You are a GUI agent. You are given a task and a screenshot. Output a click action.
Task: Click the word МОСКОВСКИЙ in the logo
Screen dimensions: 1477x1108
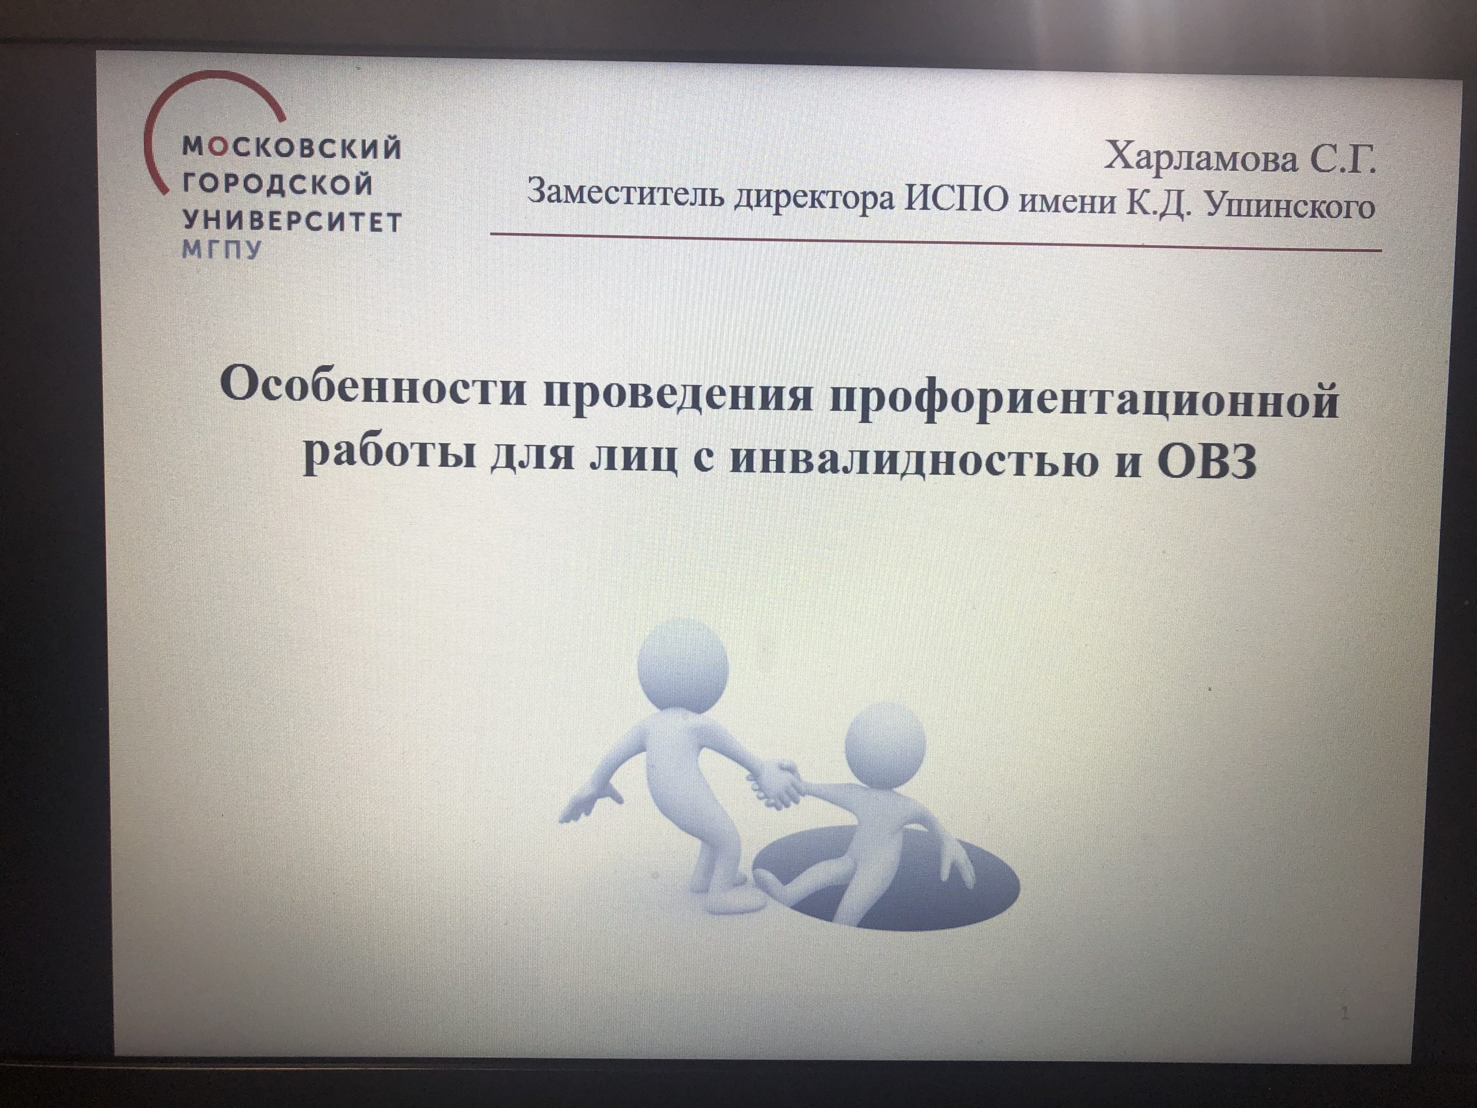point(292,147)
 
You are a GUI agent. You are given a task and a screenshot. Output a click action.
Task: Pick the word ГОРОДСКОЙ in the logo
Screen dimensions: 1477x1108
point(278,184)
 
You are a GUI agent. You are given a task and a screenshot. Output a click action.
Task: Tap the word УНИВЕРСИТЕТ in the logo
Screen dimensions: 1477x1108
point(292,221)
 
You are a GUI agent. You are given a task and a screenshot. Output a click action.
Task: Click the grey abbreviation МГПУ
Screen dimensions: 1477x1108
point(222,250)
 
